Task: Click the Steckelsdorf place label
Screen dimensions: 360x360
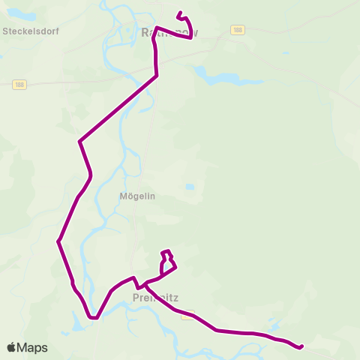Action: coord(31,32)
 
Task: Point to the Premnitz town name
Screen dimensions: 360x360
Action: coord(154,296)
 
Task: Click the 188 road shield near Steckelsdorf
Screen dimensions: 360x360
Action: coord(19,85)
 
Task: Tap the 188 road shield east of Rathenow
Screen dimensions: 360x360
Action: coord(237,29)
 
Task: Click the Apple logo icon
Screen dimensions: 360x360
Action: coord(12,347)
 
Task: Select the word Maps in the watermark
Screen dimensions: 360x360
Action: coord(33,347)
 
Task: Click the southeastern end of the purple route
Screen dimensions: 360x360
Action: coord(301,346)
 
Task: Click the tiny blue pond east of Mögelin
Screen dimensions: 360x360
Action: coord(190,187)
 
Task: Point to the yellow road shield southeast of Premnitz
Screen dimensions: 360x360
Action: coord(188,314)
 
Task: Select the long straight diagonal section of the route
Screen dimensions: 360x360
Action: coord(118,108)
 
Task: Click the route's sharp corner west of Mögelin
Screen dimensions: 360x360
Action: coord(79,140)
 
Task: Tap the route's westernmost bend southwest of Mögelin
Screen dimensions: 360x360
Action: coord(58,241)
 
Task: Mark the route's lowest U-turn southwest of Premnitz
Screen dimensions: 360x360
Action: coord(93,317)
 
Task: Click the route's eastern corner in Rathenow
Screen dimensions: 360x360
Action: coord(191,38)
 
